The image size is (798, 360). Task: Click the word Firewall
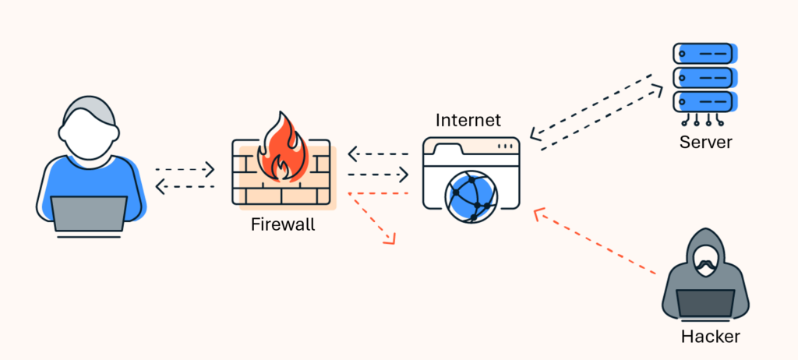tap(283, 224)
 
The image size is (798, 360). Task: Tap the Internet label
tap(468, 120)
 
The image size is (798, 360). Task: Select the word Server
tap(705, 142)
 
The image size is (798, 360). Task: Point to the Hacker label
tap(711, 336)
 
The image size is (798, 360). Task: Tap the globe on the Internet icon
tap(471, 196)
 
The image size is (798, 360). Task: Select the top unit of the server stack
tap(705, 54)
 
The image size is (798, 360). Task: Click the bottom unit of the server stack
tap(705, 102)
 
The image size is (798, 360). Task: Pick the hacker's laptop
tap(704, 303)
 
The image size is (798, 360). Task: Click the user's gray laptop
tap(89, 214)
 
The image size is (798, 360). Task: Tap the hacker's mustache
tap(704, 264)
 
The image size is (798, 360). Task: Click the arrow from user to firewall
tap(185, 169)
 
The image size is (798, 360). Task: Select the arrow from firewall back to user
tap(185, 187)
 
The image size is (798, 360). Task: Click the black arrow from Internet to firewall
tap(379, 154)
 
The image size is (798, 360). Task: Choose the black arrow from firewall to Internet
tap(379, 175)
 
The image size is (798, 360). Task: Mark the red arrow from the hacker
tap(595, 242)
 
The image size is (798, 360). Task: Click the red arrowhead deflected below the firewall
tap(390, 238)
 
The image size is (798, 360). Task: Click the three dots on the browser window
tap(505, 146)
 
